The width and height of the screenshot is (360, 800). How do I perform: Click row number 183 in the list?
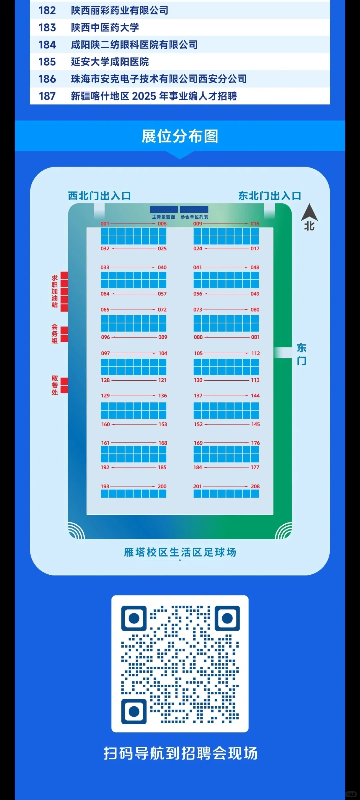(x=47, y=28)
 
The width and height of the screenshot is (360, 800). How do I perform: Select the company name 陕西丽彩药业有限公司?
(x=119, y=11)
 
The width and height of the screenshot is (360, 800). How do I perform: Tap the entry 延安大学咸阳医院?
(x=110, y=62)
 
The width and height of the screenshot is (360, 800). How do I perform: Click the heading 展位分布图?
(x=180, y=136)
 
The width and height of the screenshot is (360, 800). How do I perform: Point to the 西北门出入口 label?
(x=99, y=196)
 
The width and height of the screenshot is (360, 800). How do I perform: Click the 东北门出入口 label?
(x=269, y=196)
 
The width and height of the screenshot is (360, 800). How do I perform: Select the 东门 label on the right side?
(x=301, y=354)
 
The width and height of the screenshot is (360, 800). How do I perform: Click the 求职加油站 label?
(x=55, y=291)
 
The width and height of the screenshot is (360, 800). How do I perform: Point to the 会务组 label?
(x=55, y=334)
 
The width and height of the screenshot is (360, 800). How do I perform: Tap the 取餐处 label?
(x=55, y=385)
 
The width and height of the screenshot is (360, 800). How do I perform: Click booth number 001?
(x=105, y=224)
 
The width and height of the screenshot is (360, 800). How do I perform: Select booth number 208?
(x=255, y=486)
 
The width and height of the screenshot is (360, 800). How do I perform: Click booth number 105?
(x=198, y=353)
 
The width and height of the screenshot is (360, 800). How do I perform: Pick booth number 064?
(x=105, y=294)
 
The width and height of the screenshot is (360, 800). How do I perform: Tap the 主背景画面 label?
(x=163, y=217)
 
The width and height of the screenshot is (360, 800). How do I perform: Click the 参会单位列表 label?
(x=194, y=217)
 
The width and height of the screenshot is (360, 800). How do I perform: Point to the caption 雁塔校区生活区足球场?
(x=180, y=552)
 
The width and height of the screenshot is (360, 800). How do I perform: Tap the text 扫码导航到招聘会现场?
(x=180, y=753)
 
